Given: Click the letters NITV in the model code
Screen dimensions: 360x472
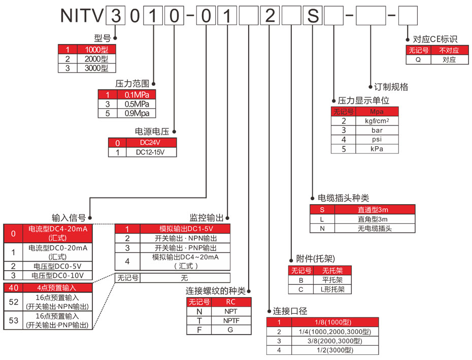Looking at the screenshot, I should pyautogui.click(x=81, y=16).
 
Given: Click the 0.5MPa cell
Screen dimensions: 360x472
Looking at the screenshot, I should pyautogui.click(x=137, y=104).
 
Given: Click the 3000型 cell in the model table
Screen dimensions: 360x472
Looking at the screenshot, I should pyautogui.click(x=96, y=68).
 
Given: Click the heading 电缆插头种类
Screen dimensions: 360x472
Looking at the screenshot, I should pyautogui.click(x=343, y=198).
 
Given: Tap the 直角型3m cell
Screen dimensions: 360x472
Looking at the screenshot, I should pyautogui.click(x=375, y=219).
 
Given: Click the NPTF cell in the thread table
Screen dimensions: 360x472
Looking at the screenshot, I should pyautogui.click(x=231, y=320).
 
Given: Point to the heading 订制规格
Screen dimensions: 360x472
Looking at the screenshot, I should pyautogui.click(x=391, y=87).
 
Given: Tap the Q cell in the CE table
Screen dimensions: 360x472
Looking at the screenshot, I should pyautogui.click(x=418, y=59).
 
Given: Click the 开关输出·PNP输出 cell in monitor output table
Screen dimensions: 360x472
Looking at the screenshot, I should pyautogui.click(x=185, y=248).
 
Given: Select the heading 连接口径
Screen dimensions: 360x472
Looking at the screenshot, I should pyautogui.click(x=290, y=311).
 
